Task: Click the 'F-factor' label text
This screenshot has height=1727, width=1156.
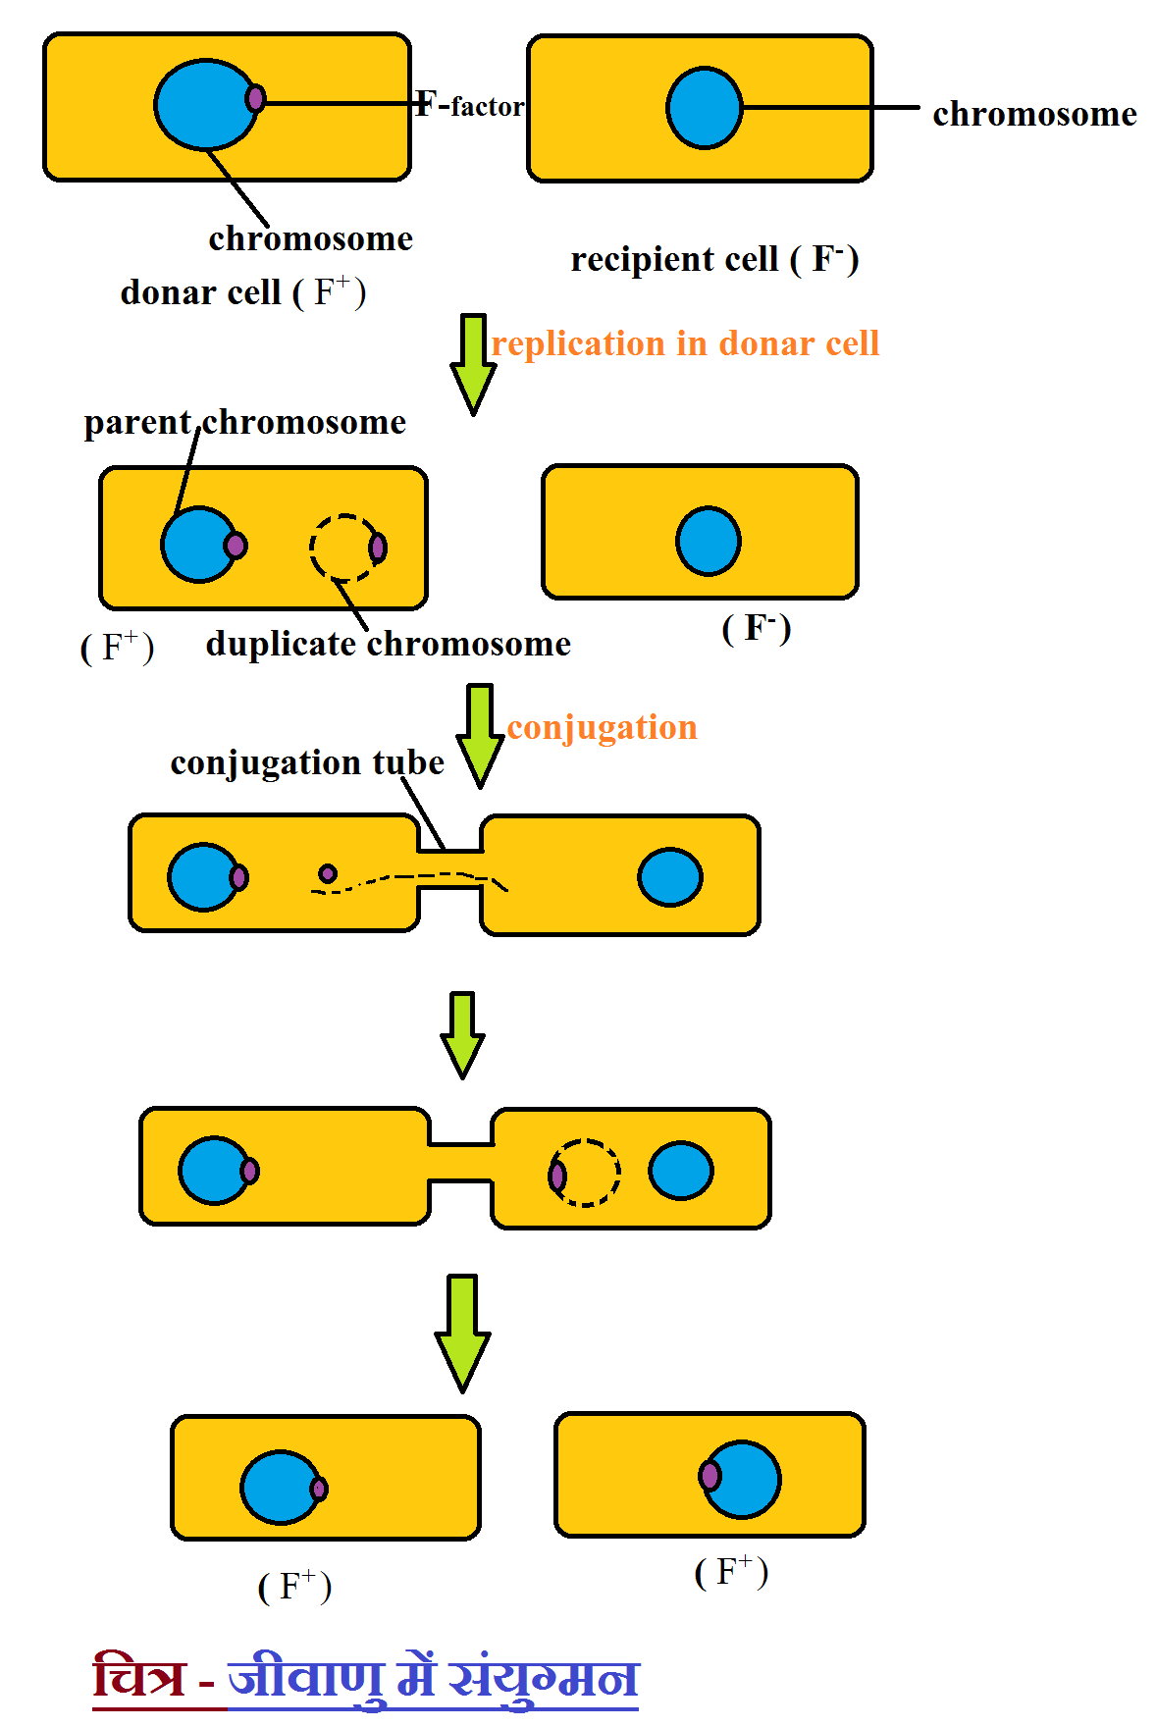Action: point(470,105)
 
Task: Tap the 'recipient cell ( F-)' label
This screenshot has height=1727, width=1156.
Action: point(714,259)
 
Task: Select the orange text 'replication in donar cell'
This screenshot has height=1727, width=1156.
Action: point(685,343)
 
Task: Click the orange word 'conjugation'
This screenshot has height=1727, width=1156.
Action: point(602,727)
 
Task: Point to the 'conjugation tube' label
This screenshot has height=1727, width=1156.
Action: point(306,762)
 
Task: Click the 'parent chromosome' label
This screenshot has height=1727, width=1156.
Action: point(244,422)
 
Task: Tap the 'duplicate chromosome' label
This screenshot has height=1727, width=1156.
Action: point(388,644)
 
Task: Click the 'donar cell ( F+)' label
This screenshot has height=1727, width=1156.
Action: point(242,292)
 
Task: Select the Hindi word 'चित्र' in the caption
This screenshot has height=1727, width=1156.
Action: point(138,1676)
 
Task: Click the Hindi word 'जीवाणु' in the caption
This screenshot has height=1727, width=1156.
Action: point(305,1676)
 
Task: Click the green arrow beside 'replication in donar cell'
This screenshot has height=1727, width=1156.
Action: point(473,363)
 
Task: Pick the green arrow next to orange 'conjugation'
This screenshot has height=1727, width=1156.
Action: point(480,736)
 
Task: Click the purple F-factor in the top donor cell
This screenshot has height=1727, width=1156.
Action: point(255,98)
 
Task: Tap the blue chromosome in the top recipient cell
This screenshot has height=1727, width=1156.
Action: point(704,108)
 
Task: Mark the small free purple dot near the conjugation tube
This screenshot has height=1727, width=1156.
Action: point(328,873)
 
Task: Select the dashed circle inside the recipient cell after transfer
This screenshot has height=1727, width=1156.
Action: point(586,1172)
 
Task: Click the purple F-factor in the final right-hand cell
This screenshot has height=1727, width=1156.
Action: point(709,1475)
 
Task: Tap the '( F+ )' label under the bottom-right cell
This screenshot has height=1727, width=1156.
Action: point(731,1572)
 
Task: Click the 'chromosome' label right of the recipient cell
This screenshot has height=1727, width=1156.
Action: point(1034,114)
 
